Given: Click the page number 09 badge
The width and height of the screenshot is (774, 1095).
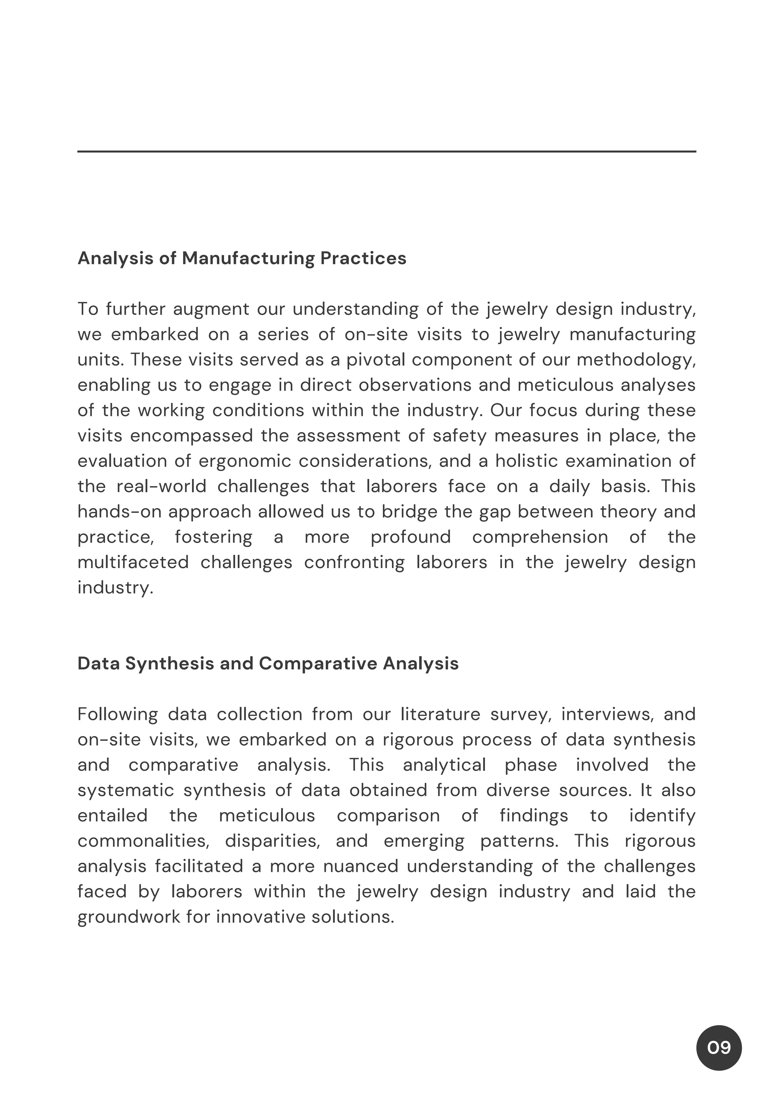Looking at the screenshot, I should [x=719, y=1048].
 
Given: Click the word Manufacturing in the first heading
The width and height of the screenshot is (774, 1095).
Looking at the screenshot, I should [x=248, y=258].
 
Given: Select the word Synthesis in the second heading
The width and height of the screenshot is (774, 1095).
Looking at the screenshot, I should [x=169, y=663].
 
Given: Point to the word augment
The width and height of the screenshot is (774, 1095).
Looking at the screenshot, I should [x=211, y=309].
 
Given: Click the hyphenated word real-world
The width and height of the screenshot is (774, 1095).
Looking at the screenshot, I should [x=161, y=486].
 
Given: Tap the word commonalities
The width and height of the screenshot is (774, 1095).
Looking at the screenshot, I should [x=143, y=840].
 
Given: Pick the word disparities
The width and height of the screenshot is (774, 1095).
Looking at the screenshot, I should [x=272, y=840].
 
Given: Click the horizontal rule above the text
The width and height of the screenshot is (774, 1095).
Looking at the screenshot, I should [x=387, y=152].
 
